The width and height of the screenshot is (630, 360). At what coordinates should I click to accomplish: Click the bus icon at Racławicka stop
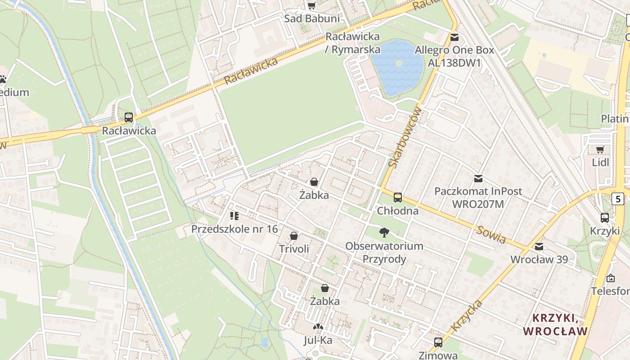[129, 117]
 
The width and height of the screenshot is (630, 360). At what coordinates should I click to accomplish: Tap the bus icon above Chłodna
[398, 197]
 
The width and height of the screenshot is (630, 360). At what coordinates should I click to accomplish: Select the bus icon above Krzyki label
[605, 217]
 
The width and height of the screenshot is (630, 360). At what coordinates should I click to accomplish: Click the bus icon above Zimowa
[438, 342]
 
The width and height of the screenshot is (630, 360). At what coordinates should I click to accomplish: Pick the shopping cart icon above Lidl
[600, 149]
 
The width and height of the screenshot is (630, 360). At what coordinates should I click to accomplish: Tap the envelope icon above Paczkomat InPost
[478, 179]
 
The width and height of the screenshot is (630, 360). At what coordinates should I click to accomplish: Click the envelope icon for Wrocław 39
[539, 247]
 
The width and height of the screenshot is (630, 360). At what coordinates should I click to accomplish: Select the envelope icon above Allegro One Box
[454, 37]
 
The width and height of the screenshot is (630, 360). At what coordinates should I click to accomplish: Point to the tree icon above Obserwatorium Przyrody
[384, 233]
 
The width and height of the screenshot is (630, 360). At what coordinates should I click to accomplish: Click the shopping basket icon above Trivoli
[294, 236]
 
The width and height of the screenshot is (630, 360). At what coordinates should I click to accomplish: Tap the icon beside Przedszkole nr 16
[234, 216]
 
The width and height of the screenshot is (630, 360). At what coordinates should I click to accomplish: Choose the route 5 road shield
[618, 198]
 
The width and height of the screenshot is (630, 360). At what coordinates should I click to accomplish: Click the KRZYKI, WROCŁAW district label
[555, 324]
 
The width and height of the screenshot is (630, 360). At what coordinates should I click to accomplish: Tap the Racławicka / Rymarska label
[352, 43]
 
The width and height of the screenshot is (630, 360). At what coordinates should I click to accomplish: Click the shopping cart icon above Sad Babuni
[311, 5]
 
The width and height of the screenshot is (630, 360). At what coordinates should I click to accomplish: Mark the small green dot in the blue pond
[399, 63]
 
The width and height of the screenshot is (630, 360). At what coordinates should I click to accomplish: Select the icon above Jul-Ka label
[318, 327]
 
